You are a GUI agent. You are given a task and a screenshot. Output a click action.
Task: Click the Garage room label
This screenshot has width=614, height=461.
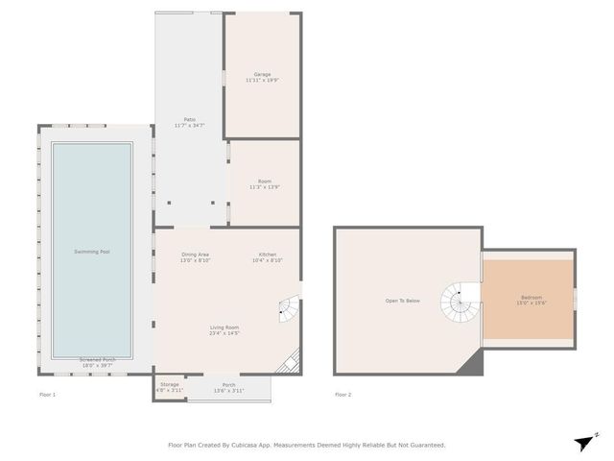tap(262, 74)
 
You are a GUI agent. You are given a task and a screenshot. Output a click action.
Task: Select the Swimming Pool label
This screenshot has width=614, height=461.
tap(92, 252)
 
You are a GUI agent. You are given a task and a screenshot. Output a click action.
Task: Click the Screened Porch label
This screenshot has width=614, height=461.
tap(95, 361)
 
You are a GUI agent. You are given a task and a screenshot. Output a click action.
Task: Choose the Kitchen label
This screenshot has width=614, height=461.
tap(268, 254)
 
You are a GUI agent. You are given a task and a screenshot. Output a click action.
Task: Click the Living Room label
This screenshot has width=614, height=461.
tap(224, 328)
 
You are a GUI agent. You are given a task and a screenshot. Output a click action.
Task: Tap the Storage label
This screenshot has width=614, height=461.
tap(169, 385)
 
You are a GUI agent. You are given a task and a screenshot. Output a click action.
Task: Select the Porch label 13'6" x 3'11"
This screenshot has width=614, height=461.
tap(228, 391)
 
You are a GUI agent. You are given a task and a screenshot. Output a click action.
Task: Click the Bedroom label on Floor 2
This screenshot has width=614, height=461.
tap(531, 297)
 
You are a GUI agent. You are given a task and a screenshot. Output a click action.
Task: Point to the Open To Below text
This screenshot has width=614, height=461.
tap(403, 301)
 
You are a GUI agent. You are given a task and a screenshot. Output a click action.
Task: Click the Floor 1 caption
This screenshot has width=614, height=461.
tap(48, 395)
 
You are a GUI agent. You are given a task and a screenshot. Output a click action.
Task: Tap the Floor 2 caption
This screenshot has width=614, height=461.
tap(343, 395)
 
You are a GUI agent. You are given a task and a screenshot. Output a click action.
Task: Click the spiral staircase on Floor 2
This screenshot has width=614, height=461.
tap(458, 304)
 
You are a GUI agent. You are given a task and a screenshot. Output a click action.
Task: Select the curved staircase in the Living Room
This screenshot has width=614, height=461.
tap(288, 308)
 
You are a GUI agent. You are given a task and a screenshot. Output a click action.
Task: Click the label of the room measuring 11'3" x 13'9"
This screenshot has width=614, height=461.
tap(264, 182)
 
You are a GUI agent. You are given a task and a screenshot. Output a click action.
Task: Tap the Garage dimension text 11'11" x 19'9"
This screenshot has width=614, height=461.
tap(262, 81)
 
